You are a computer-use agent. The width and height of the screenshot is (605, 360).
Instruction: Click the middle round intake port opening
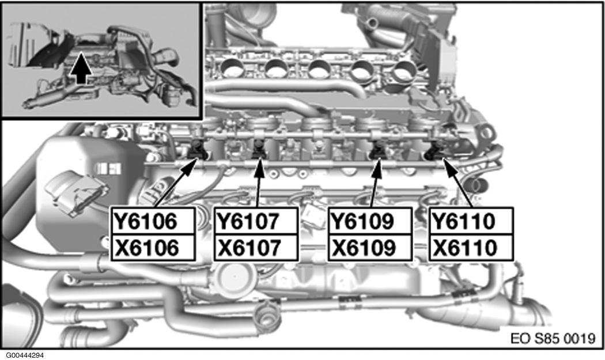[319, 69]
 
